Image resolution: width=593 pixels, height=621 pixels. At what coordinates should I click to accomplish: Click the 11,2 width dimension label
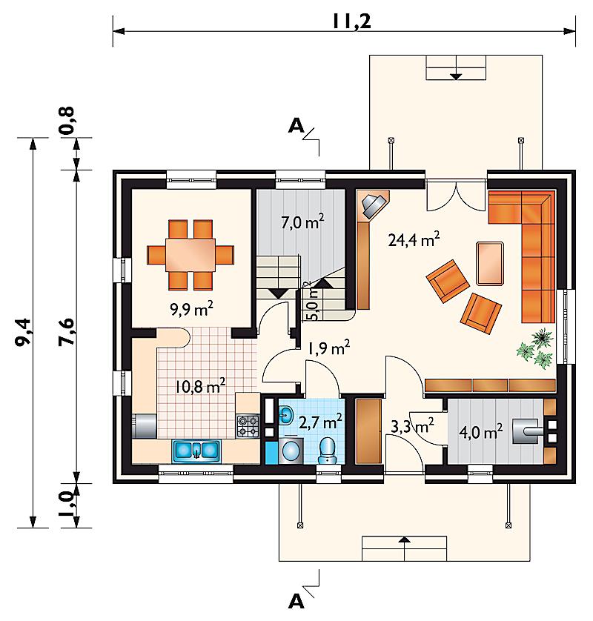click(x=352, y=21)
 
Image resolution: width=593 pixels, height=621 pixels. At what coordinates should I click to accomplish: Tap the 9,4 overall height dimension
click(x=24, y=332)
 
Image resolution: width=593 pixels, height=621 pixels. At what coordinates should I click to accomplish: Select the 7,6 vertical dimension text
click(x=67, y=332)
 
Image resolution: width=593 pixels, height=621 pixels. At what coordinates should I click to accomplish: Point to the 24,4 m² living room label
click(x=414, y=239)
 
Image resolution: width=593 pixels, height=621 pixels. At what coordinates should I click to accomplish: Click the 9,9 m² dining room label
click(x=192, y=308)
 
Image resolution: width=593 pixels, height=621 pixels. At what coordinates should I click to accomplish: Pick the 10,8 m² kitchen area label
click(x=200, y=385)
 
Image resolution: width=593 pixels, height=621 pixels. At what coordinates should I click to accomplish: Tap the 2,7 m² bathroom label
click(x=320, y=422)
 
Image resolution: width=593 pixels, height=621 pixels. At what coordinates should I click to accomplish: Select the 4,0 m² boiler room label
click(x=481, y=431)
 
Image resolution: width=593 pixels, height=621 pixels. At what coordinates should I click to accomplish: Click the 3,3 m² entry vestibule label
click(x=412, y=426)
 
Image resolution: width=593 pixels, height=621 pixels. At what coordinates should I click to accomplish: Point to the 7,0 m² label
click(x=303, y=222)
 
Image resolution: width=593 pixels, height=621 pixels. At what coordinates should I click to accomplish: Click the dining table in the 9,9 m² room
click(x=191, y=255)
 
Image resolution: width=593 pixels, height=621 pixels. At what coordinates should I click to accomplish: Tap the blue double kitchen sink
click(x=196, y=451)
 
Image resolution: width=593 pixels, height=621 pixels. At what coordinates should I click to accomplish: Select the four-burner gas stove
click(x=248, y=426)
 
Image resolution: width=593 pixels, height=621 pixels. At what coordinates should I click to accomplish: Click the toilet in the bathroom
click(x=327, y=450)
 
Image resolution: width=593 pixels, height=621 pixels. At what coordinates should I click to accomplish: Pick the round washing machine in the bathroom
click(x=291, y=451)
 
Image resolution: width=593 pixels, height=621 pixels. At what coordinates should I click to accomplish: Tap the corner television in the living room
click(x=373, y=205)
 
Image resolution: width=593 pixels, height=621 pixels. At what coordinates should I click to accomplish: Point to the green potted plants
click(x=535, y=348)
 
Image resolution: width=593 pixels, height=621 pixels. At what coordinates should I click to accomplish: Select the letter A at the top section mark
click(x=296, y=126)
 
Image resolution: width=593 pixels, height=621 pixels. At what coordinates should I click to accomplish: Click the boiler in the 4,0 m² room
click(x=525, y=431)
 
